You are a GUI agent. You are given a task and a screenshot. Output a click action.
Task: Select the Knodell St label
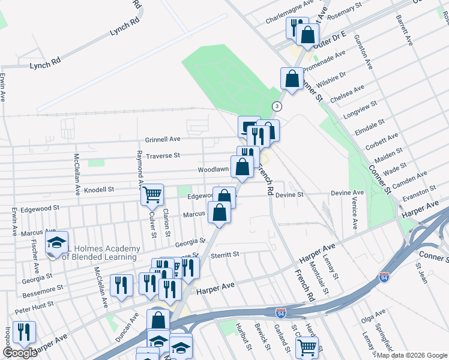point(99,190)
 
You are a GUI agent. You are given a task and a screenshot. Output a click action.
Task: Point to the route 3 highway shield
point(277,106)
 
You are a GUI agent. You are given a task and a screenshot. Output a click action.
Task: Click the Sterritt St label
point(224,254)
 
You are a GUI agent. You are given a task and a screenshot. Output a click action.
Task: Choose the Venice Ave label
point(355,213)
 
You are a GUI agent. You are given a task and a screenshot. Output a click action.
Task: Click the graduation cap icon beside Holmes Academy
point(56,243)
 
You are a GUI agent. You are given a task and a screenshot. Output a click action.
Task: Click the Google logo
point(20,353)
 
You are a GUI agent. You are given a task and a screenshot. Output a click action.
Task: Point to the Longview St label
point(360,109)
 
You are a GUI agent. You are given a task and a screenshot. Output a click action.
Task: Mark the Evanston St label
point(420,193)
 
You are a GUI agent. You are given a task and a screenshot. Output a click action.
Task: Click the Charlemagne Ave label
point(290,11)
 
